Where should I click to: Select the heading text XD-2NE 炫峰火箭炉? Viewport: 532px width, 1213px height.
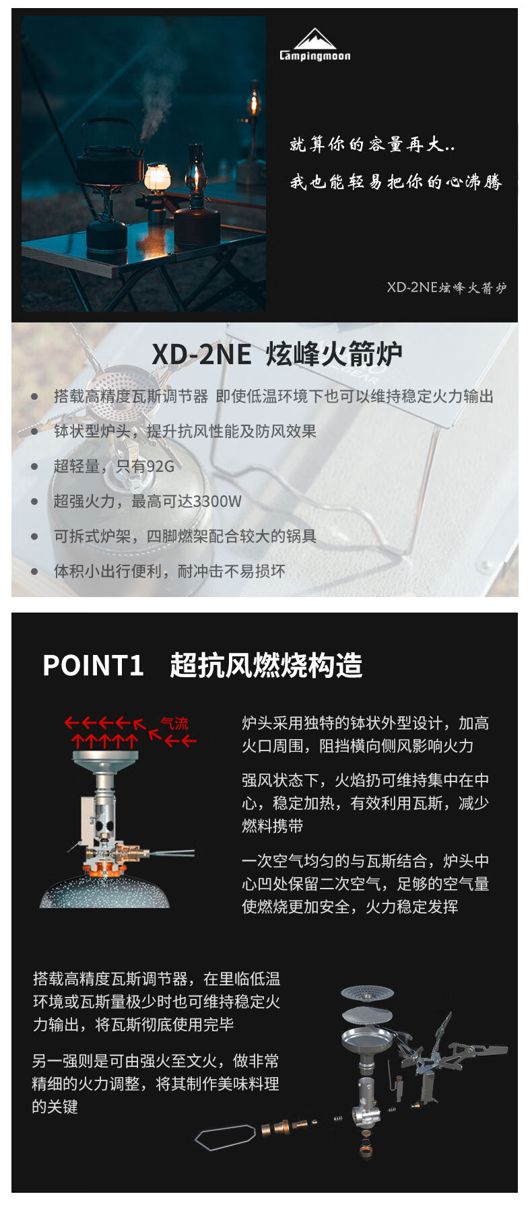coord(277,354)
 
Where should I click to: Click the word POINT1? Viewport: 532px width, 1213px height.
coord(93,665)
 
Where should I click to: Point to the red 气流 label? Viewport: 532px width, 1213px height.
coord(174,724)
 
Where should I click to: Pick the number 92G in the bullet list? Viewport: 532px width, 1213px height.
coord(160,466)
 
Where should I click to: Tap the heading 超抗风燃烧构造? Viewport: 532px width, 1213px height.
coord(266,665)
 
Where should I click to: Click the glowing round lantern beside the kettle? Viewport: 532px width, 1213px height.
coord(157,178)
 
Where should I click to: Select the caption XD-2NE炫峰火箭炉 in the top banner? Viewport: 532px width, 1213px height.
coord(446,287)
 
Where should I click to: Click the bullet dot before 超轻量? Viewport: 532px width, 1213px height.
coord(34,466)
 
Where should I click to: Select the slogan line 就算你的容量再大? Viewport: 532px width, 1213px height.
coord(372,144)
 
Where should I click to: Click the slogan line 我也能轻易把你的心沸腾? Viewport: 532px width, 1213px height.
coord(396,182)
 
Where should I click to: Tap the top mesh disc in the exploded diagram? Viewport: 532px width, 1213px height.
coord(367,992)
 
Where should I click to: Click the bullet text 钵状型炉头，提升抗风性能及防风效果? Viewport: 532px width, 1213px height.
coord(185,431)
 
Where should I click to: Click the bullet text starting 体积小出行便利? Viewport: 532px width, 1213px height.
coord(170,571)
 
